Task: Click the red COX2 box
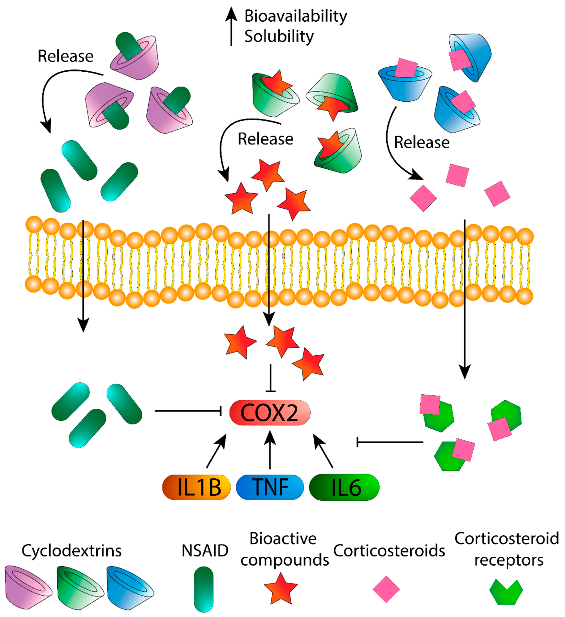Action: point(270,413)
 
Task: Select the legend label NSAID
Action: point(205,551)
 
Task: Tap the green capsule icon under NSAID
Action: point(204,589)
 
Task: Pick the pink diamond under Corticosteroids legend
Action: point(386,589)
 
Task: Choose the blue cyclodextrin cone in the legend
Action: point(130,588)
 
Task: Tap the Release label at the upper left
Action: point(65,56)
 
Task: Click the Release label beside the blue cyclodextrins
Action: point(422,143)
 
